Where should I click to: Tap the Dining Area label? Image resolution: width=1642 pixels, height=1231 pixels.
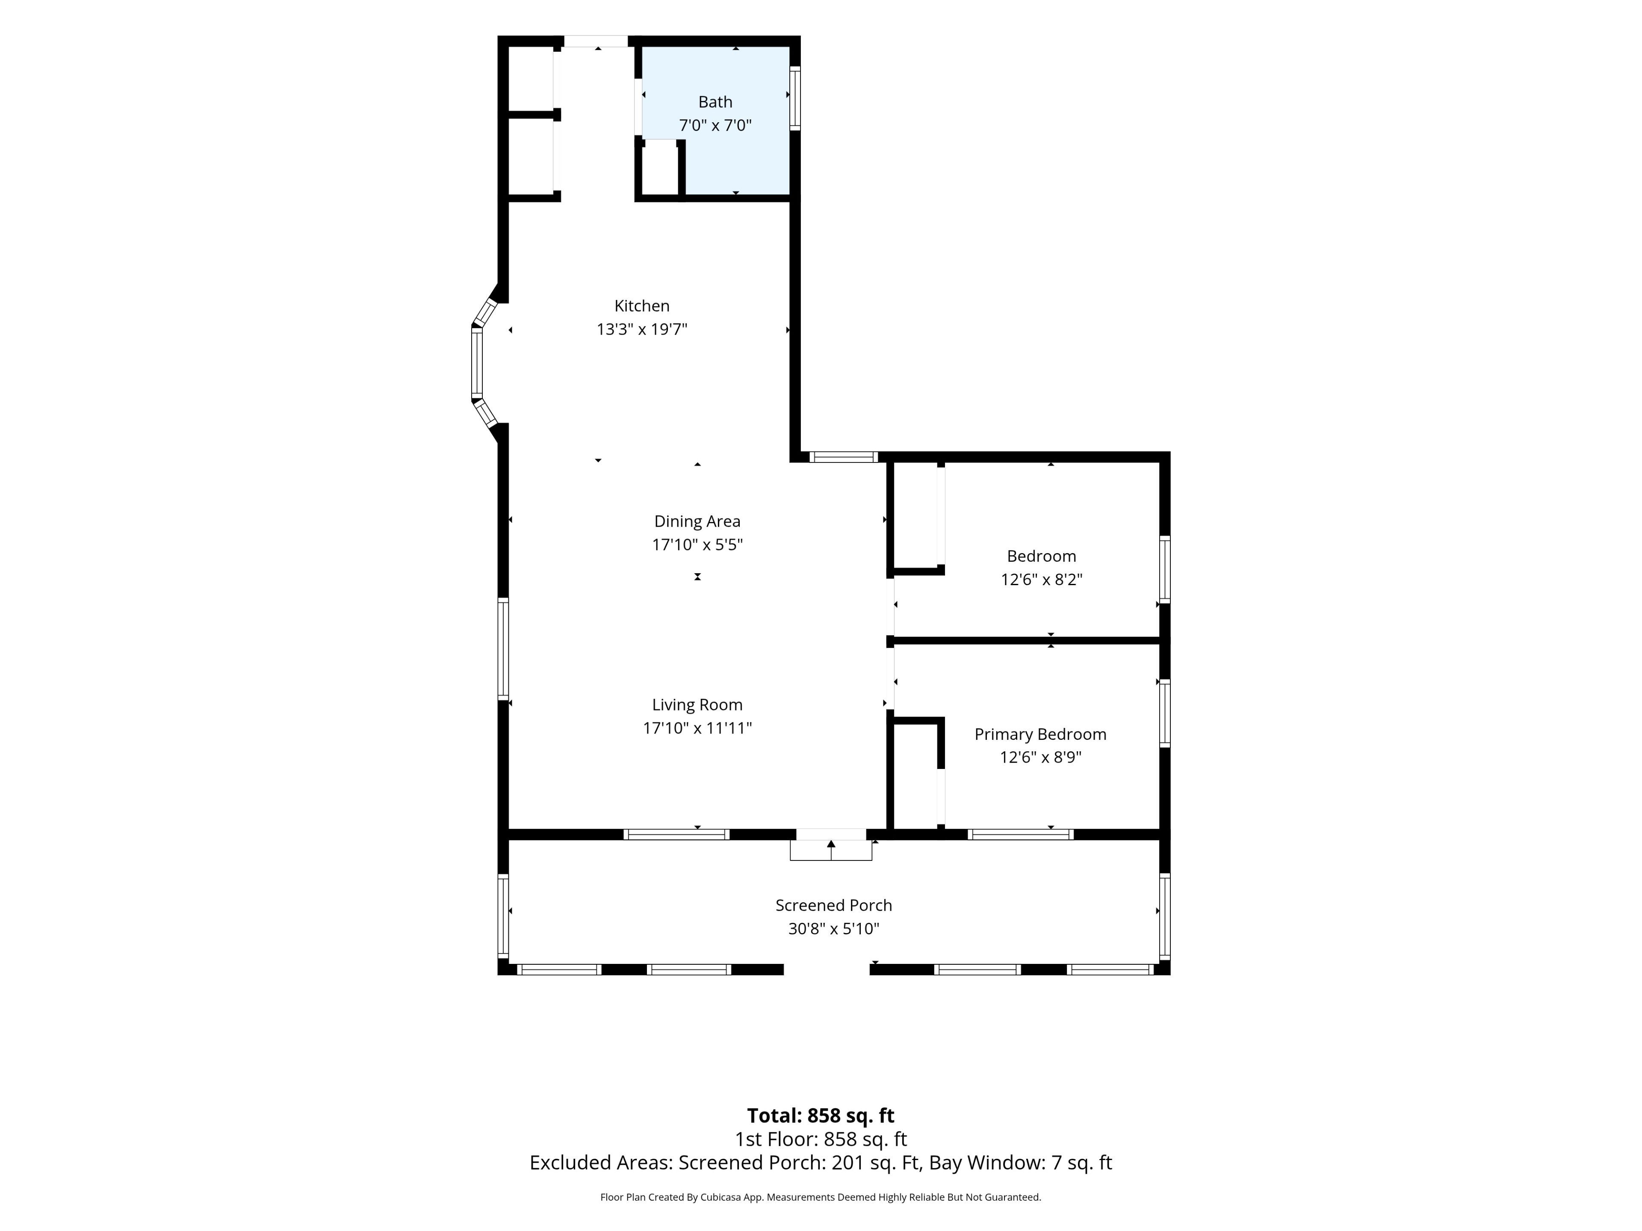(697, 521)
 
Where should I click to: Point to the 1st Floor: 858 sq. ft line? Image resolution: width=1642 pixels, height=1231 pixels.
(820, 1139)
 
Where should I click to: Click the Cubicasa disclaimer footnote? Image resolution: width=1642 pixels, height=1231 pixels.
(820, 1197)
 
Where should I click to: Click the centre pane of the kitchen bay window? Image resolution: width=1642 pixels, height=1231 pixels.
(477, 364)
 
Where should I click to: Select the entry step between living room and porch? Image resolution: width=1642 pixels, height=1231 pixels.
(831, 850)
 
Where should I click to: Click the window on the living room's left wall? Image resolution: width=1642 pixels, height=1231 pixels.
(503, 649)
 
